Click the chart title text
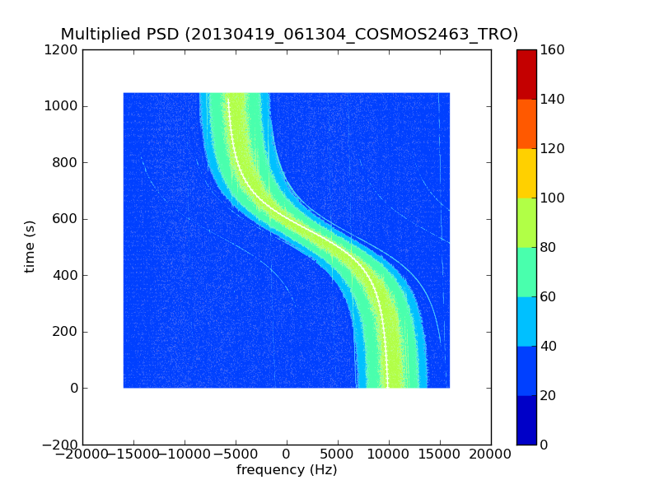[289, 35]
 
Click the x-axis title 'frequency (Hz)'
[287, 470]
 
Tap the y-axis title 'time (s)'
[30, 246]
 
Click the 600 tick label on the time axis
[67, 219]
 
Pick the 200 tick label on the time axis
[67, 332]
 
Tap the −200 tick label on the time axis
[61, 445]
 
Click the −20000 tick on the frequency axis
[82, 454]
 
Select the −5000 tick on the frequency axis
[236, 454]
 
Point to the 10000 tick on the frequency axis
[389, 454]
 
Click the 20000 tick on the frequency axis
[491, 454]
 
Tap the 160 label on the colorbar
[553, 49]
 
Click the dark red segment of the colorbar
[526, 74]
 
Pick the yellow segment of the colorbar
[526, 173]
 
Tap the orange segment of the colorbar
[526, 123]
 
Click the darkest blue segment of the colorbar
[526, 420]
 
